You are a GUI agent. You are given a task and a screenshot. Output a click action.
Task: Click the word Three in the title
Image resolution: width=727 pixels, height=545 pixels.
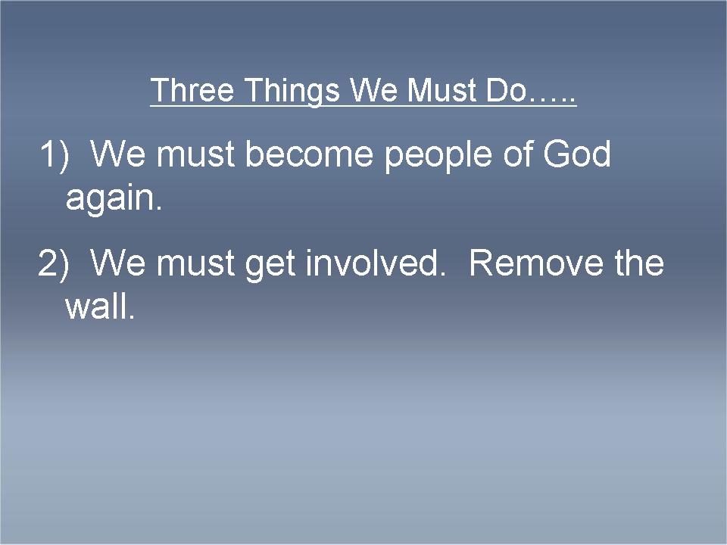pyautogui.click(x=192, y=89)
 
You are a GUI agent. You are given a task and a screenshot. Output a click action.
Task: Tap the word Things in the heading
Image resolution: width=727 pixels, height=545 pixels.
pyautogui.click(x=292, y=92)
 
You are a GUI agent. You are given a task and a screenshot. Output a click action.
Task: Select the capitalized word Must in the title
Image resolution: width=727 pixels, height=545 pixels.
pyautogui.click(x=441, y=89)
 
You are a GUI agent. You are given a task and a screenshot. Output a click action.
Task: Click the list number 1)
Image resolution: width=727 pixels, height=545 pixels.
pyautogui.click(x=55, y=154)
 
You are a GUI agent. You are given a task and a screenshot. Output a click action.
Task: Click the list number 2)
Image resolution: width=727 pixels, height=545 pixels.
pyautogui.click(x=53, y=263)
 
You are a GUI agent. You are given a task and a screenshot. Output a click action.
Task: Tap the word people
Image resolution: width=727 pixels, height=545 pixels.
pyautogui.click(x=438, y=157)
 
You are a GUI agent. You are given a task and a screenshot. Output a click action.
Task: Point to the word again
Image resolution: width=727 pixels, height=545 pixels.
pyautogui.click(x=114, y=200)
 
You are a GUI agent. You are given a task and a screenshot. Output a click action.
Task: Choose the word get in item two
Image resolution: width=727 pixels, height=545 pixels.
pyautogui.click(x=270, y=266)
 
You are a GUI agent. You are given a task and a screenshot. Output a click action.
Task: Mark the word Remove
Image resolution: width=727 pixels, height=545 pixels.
pyautogui.click(x=536, y=263)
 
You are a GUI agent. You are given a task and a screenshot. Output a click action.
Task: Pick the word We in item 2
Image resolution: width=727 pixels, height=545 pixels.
pyautogui.click(x=118, y=263)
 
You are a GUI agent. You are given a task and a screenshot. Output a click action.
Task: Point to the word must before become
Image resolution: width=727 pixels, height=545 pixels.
pyautogui.click(x=195, y=154)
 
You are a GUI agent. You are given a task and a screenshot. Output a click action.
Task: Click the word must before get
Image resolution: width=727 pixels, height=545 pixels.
pyautogui.click(x=195, y=263)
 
